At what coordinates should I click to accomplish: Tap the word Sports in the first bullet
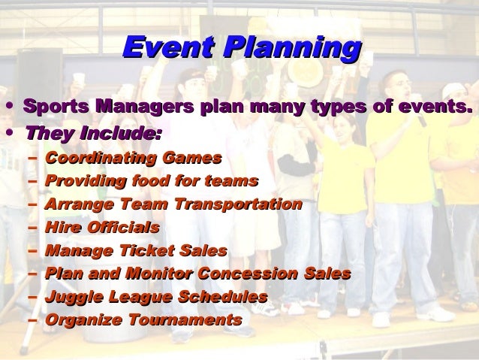pyautogui.click(x=56, y=107)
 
